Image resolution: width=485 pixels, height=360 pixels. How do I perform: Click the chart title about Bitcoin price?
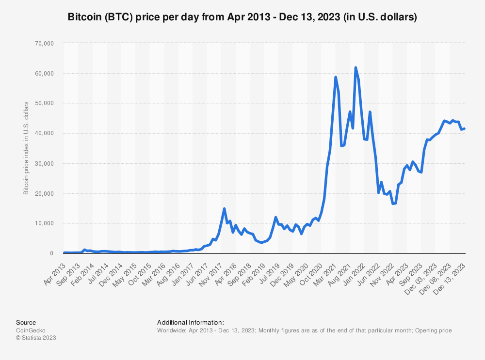click(242, 17)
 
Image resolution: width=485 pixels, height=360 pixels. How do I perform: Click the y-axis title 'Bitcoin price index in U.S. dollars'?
click(26, 148)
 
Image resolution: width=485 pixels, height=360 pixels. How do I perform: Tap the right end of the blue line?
click(465, 128)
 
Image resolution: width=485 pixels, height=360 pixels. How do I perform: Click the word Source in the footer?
click(26, 323)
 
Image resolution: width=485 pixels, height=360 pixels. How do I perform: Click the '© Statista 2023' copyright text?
click(36, 338)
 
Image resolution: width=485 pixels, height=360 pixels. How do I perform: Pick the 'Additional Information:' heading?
click(191, 323)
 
